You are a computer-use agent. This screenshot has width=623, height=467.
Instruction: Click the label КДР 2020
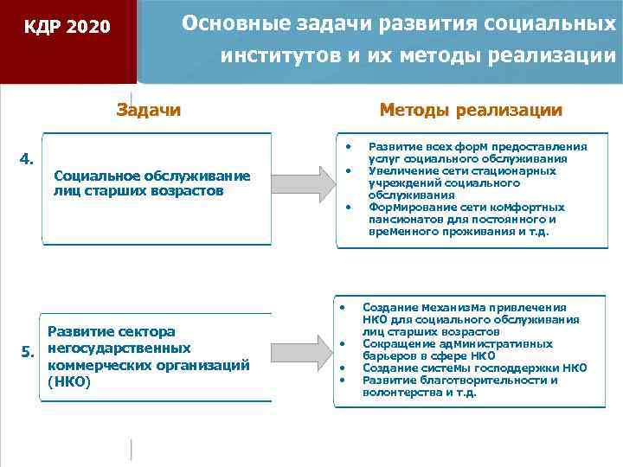pyautogui.click(x=67, y=27)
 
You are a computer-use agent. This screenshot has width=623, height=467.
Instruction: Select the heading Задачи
pyautogui.click(x=149, y=110)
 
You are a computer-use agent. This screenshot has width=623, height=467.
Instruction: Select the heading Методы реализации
pyautogui.click(x=471, y=110)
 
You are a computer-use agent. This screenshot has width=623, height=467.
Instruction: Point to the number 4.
pyautogui.click(x=27, y=158)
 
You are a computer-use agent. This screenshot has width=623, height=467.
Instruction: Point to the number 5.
pyautogui.click(x=27, y=350)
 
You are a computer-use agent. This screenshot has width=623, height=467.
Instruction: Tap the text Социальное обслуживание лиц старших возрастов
pyautogui.click(x=151, y=183)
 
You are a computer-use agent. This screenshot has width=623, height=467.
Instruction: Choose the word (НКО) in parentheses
pyautogui.click(x=68, y=381)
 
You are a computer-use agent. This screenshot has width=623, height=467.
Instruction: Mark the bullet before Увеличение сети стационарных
pyautogui.click(x=346, y=170)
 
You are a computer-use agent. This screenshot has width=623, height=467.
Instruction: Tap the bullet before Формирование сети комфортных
pyautogui.click(x=346, y=207)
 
